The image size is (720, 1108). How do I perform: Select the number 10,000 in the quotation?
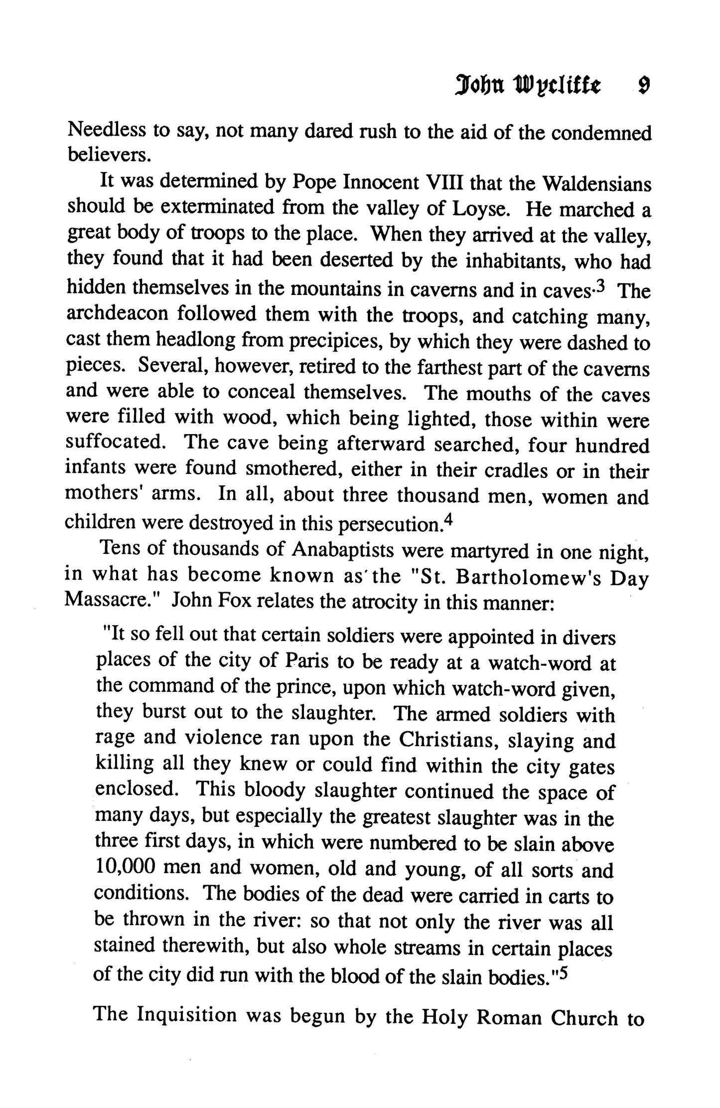tap(125, 868)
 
